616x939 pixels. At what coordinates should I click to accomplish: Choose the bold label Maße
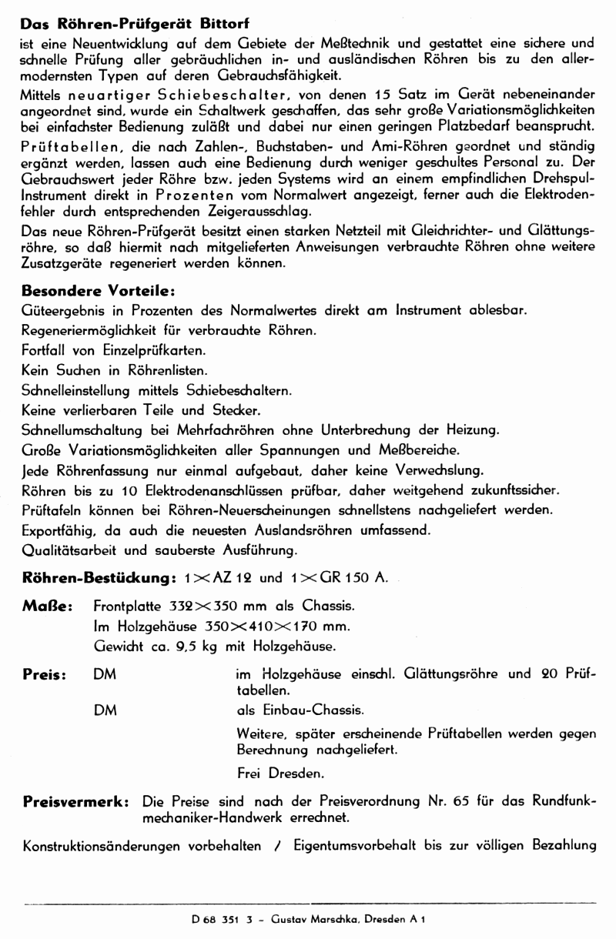pyautogui.click(x=47, y=607)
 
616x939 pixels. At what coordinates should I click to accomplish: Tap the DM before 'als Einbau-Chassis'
pyautogui.click(x=105, y=710)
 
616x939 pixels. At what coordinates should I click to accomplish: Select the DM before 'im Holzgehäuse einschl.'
pyautogui.click(x=105, y=674)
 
